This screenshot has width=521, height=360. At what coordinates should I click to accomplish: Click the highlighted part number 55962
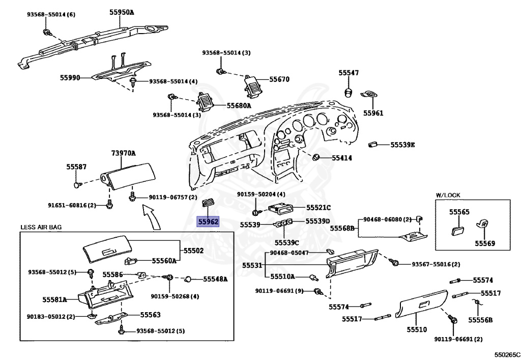coord(208,221)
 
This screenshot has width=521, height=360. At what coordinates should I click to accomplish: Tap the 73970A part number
coord(124,153)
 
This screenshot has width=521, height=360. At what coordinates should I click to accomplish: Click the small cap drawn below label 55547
coord(349,92)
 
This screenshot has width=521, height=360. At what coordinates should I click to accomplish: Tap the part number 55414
coord(342,158)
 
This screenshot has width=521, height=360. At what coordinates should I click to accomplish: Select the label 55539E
coord(403,145)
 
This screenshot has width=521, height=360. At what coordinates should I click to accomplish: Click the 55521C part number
coord(319,207)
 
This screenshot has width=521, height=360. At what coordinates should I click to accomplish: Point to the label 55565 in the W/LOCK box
coord(459,211)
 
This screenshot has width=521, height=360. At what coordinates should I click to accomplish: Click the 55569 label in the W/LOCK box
coord(485,243)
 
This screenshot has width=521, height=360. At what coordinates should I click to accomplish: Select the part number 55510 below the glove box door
coord(416,330)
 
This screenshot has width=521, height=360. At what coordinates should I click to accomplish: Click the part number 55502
coord(193,251)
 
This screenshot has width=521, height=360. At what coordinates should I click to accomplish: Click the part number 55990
coord(70,77)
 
